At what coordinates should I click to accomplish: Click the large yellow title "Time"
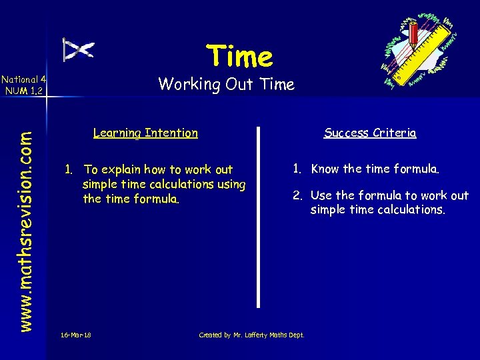239,56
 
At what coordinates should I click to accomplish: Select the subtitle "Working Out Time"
226,84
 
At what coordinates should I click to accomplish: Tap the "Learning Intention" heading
145,133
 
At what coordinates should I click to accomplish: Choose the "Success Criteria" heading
370,133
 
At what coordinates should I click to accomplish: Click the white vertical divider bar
259,216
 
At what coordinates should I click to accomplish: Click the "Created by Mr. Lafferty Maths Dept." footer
251,335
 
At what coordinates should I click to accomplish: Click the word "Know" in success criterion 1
325,169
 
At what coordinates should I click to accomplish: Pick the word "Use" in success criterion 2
321,195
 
